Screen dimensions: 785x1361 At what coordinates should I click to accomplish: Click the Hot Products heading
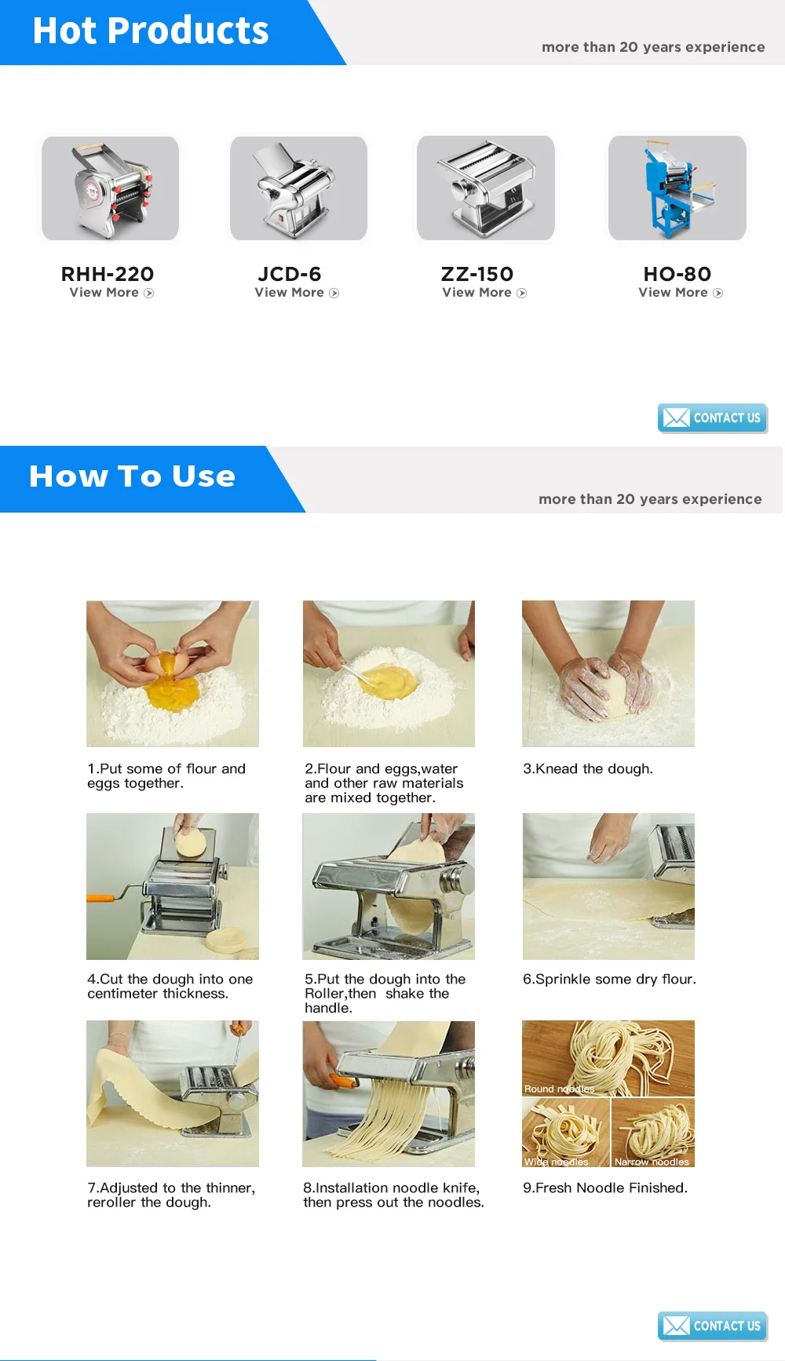tap(151, 31)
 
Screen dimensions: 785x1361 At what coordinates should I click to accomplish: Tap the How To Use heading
tap(132, 476)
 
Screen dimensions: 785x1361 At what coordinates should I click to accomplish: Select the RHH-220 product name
tap(108, 274)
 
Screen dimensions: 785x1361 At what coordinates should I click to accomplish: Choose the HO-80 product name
tap(677, 274)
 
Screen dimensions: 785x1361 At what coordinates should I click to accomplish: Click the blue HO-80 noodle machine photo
tap(677, 188)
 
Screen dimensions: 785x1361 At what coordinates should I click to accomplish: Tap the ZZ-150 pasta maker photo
tap(486, 188)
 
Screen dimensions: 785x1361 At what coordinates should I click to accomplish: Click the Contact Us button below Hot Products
tap(712, 418)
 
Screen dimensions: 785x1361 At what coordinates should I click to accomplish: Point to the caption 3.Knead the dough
tap(588, 769)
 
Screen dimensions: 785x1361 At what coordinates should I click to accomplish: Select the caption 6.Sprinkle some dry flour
tap(609, 980)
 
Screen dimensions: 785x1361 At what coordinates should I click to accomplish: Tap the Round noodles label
tap(559, 1089)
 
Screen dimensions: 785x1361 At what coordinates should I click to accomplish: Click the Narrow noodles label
tap(652, 1162)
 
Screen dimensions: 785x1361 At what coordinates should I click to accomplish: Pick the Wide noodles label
tap(556, 1162)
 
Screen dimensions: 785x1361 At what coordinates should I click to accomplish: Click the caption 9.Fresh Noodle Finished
tap(605, 1188)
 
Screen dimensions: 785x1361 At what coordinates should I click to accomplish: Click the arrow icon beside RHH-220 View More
tap(149, 294)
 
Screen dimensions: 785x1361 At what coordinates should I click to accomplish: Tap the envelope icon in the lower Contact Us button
tap(676, 1326)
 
